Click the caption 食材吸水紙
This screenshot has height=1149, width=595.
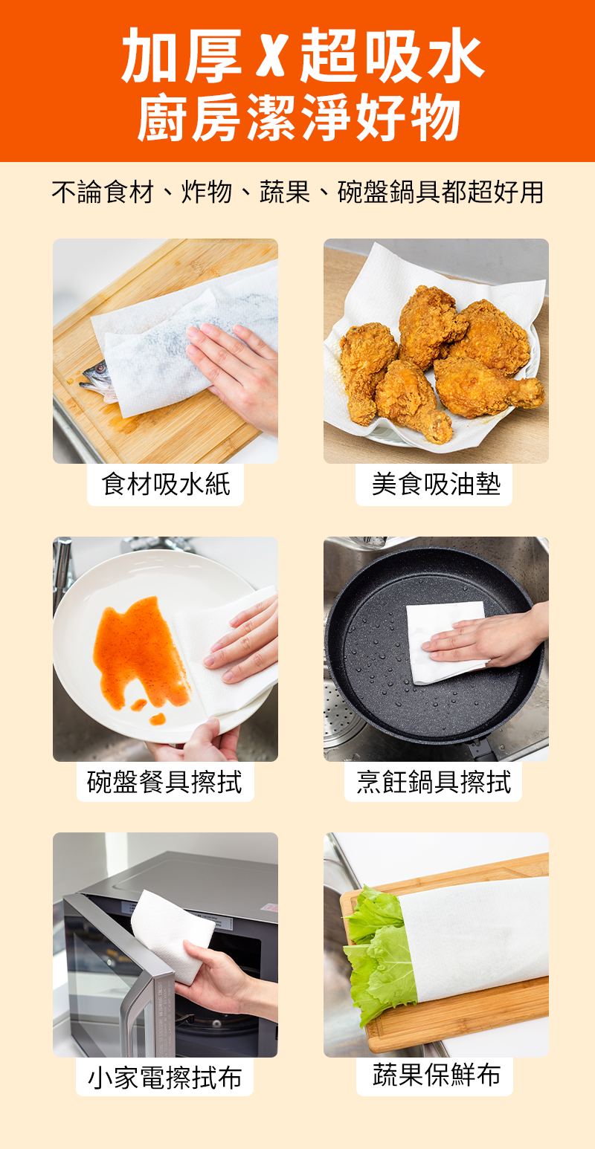(x=166, y=485)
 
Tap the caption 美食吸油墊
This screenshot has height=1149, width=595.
(x=436, y=485)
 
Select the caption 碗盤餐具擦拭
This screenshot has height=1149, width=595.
(x=165, y=782)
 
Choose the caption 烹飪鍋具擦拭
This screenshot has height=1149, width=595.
(x=434, y=782)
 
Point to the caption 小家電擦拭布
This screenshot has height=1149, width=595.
(x=165, y=1077)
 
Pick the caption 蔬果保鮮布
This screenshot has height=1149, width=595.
(x=437, y=1075)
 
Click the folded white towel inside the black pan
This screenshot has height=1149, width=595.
(x=446, y=642)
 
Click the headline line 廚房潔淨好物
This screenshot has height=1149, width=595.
(x=298, y=117)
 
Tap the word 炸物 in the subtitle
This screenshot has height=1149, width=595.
(x=206, y=192)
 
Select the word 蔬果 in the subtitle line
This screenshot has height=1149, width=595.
(x=285, y=192)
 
